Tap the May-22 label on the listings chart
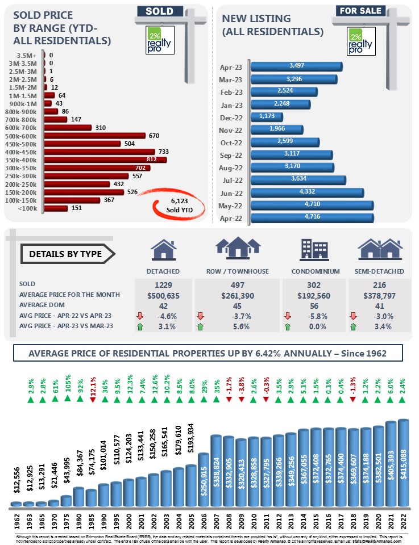click(x=231, y=205)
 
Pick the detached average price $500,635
click(x=163, y=295)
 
